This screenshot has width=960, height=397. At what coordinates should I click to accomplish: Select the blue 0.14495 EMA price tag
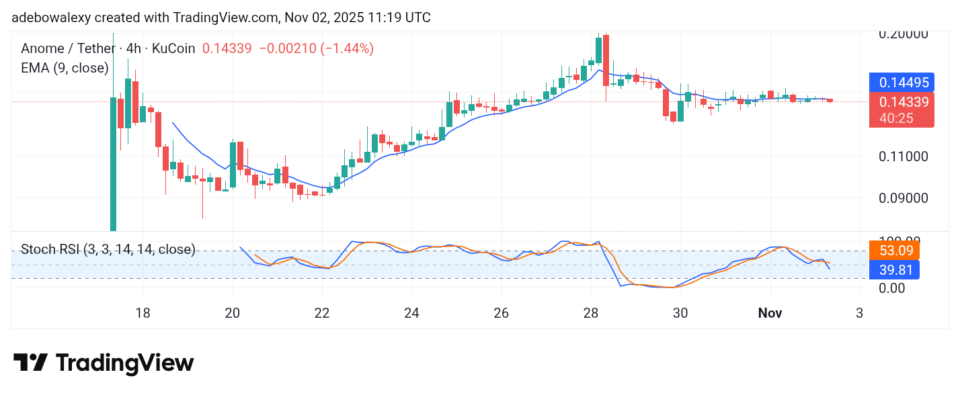tap(902, 83)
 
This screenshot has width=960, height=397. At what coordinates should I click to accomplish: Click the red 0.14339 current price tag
tap(902, 103)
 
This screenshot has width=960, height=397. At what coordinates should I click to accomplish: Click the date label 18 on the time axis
tap(143, 312)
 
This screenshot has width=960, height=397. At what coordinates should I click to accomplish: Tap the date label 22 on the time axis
tap(322, 312)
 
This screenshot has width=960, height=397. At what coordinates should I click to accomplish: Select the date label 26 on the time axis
tap(501, 312)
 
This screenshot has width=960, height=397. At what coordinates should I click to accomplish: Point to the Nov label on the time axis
tap(770, 312)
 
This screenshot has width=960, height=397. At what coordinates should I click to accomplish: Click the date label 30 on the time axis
tap(680, 312)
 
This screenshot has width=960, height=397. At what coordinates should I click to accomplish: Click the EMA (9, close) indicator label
tap(65, 68)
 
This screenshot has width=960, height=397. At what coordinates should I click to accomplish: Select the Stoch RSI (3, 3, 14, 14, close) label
tap(108, 250)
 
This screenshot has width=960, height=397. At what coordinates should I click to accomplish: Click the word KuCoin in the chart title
tap(173, 48)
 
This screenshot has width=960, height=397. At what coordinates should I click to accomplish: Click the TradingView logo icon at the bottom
tap(30, 363)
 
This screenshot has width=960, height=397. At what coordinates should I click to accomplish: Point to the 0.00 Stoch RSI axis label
tap(891, 288)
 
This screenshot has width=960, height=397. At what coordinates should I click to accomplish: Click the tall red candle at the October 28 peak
tap(606, 60)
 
